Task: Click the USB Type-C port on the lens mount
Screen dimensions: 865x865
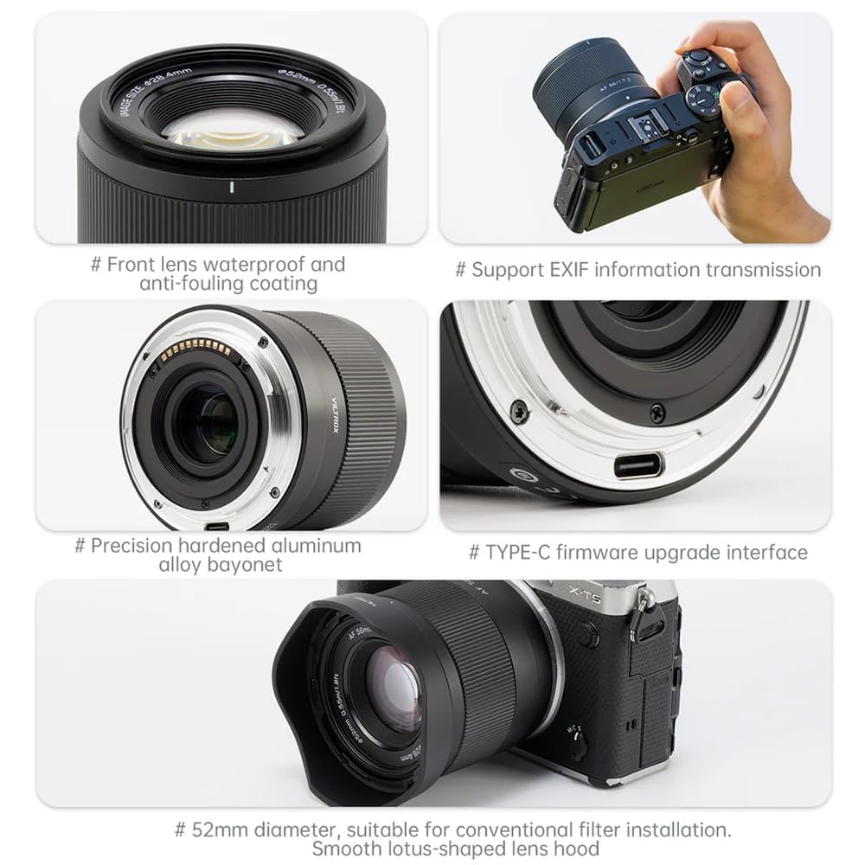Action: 638,465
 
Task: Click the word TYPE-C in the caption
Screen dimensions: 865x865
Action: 516,553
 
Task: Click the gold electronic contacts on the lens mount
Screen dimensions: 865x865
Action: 197,349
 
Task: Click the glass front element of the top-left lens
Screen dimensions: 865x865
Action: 232,127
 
